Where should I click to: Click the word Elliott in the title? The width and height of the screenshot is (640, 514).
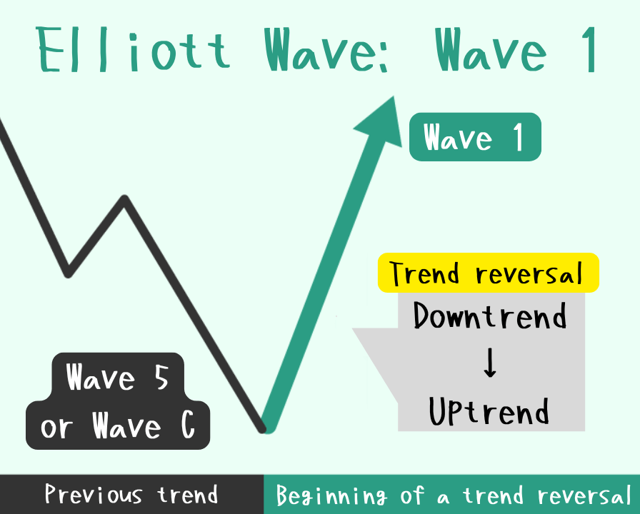pyautogui.click(x=133, y=49)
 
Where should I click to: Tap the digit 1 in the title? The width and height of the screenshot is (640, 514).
pyautogui.click(x=590, y=50)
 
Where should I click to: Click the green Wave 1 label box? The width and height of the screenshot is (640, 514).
pyautogui.click(x=475, y=136)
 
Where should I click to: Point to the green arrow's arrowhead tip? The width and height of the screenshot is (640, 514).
pyautogui.click(x=394, y=96)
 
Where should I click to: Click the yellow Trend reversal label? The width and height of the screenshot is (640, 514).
pyautogui.click(x=488, y=273)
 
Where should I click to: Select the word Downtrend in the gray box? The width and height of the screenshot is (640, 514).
pyautogui.click(x=490, y=316)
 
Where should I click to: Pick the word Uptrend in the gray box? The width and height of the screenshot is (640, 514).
pyautogui.click(x=489, y=411)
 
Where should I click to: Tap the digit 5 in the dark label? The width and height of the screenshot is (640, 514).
pyautogui.click(x=161, y=378)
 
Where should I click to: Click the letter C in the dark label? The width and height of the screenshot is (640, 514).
pyautogui.click(x=188, y=425)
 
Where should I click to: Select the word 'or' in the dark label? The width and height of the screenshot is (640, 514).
pyautogui.click(x=56, y=428)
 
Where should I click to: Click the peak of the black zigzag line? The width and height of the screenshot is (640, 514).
pyautogui.click(x=125, y=198)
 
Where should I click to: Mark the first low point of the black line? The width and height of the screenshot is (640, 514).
pyautogui.click(x=68, y=274)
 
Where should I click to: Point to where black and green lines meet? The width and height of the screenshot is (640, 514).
pyautogui.click(x=264, y=429)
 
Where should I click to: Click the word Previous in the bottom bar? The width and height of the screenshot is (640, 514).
pyautogui.click(x=94, y=495)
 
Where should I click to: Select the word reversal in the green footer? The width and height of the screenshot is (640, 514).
pyautogui.click(x=584, y=495)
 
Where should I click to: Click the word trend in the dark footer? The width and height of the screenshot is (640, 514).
pyautogui.click(x=188, y=495)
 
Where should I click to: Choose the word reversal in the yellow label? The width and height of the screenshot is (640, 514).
pyautogui.click(x=529, y=273)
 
